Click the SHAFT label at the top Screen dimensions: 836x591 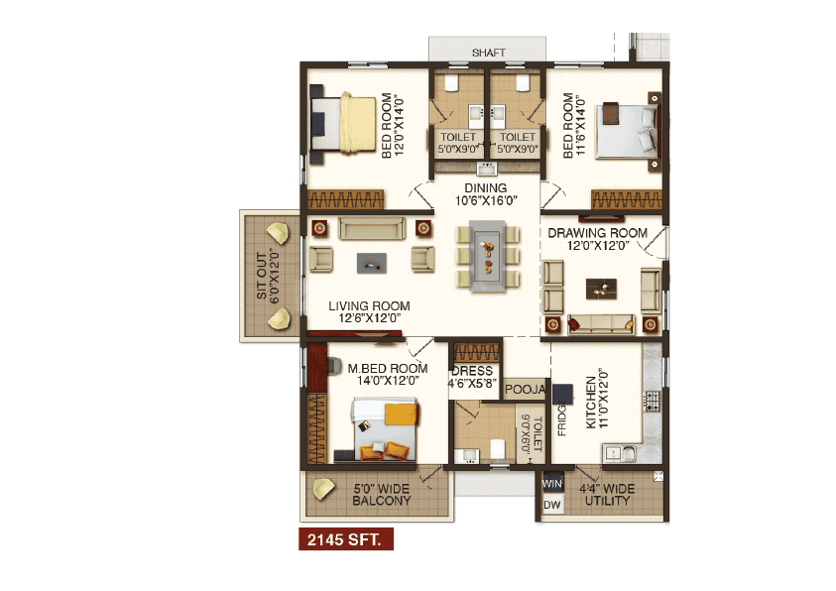coord(488,53)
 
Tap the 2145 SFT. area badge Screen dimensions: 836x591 coord(346,539)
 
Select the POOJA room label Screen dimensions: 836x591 coord(526,390)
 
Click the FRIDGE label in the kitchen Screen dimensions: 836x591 coord(562,417)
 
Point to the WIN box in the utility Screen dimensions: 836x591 coord(552,484)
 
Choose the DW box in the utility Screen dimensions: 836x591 coord(552,505)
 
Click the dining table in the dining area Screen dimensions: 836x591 coord(487,257)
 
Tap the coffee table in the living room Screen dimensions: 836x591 coord(372,263)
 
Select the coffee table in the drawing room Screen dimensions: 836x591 coord(601,289)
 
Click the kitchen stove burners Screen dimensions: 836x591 coord(653,401)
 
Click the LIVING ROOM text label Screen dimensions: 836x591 coord(369,306)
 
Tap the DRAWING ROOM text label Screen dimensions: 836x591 coord(598,233)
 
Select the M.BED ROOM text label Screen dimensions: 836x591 coord(388,368)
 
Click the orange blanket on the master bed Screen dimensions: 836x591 coord(401,414)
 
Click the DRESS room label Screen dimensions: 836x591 coord(472,371)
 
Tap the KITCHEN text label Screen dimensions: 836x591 coord(591,403)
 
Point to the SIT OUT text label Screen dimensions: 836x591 coord(261,276)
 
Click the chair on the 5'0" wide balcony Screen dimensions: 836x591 coord(323,489)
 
